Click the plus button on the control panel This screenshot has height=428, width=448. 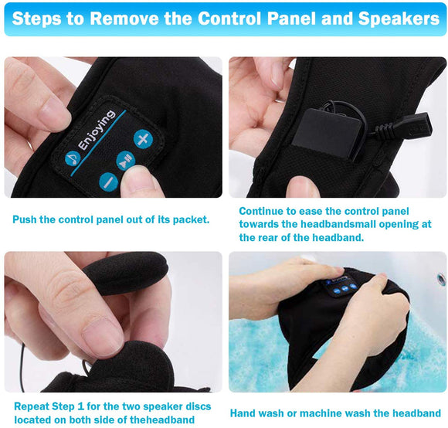143,139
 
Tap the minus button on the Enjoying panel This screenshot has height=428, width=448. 109,182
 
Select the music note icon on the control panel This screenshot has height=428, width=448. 73,158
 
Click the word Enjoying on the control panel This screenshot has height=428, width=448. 97,130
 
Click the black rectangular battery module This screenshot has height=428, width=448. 327,133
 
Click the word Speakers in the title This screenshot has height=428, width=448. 399,19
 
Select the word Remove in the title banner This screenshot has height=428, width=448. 124,19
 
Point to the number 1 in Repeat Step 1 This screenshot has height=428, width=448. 80,406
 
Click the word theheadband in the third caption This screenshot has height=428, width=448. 162,420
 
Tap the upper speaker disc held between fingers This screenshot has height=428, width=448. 126,272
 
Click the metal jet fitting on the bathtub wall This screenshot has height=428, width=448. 441,277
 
